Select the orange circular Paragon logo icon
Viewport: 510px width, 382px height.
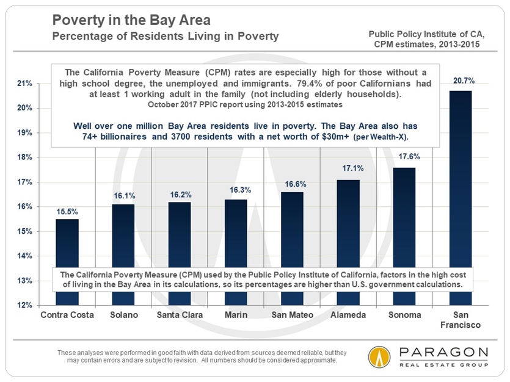point(380,358)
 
